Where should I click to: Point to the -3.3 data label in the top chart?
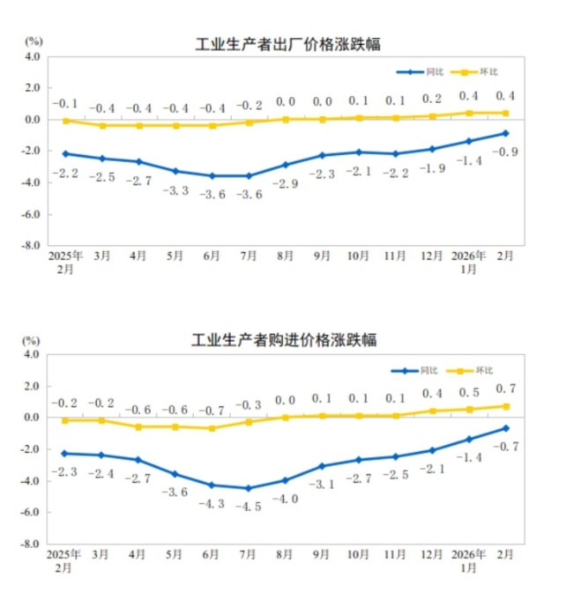[x=175, y=190]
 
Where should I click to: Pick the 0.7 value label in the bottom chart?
[x=505, y=388]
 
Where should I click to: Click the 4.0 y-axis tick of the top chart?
[x=33, y=56]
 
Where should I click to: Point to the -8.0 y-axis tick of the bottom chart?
[x=32, y=544]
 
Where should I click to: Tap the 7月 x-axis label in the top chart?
[x=249, y=256]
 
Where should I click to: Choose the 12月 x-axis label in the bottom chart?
[x=432, y=554]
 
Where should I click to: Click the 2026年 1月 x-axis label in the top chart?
[x=468, y=263]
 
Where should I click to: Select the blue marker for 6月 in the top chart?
[x=212, y=176]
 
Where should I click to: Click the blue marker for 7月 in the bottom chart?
[x=249, y=488]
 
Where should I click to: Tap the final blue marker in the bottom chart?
[x=505, y=428]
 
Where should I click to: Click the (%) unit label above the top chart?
[x=34, y=41]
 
